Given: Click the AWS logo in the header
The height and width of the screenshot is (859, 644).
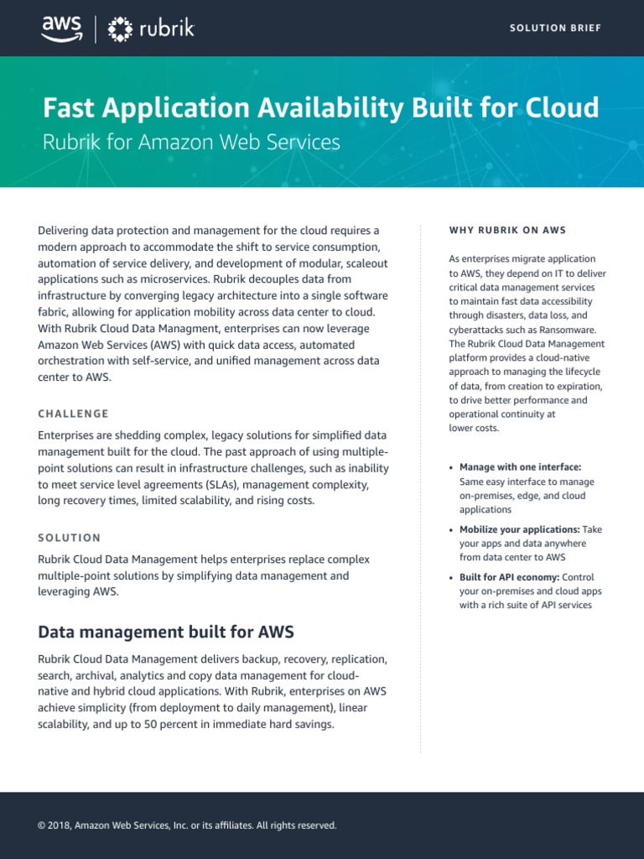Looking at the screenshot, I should click(x=63, y=29).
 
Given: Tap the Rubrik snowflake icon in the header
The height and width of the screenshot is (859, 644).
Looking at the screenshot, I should click(x=120, y=29).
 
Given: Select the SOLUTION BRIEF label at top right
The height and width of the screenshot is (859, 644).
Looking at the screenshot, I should click(x=555, y=29).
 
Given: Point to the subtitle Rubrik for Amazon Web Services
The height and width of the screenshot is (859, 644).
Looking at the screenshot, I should click(x=191, y=142).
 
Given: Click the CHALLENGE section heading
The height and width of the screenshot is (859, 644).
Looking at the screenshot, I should click(x=74, y=414).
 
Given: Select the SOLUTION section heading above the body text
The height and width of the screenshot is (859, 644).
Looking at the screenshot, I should click(x=70, y=538).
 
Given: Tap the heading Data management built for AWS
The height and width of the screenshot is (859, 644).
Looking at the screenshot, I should click(x=166, y=632).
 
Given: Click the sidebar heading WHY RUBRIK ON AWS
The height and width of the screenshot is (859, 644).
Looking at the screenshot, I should click(x=507, y=230).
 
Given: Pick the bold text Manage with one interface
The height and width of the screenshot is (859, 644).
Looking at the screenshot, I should click(x=520, y=467).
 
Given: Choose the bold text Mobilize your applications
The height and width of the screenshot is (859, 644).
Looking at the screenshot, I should click(x=519, y=530).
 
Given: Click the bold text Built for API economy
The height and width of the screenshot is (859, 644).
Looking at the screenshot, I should click(x=510, y=577).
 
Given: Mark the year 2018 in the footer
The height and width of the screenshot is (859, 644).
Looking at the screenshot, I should click(x=59, y=825).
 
